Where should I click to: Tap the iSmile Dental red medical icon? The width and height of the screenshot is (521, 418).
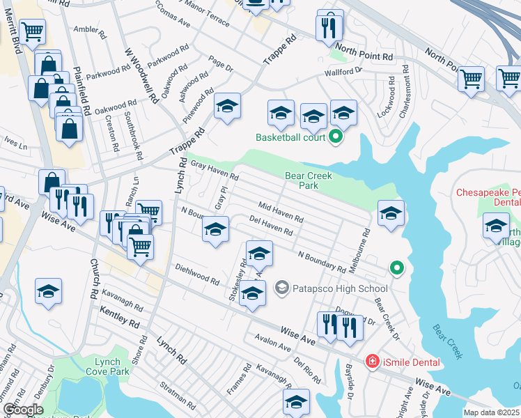click(x=373, y=362)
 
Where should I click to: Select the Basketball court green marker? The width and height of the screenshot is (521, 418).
click(x=335, y=137)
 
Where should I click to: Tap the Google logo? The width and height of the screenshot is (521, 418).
click(x=22, y=410)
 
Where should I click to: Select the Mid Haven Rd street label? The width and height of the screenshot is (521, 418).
click(x=281, y=212)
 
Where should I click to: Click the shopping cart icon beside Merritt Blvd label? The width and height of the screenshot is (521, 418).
click(x=33, y=32)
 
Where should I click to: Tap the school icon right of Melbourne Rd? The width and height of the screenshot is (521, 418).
click(x=391, y=215)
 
